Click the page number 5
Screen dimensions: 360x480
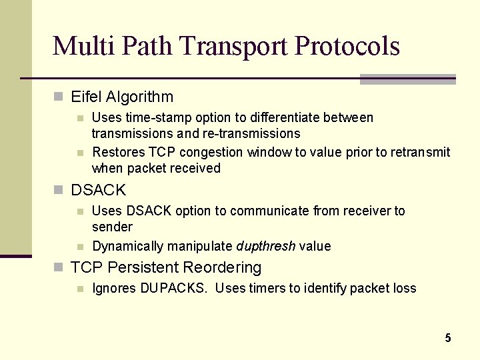pos(448,338)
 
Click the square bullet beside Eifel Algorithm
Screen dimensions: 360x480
pos(58,97)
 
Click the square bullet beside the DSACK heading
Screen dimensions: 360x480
pos(58,190)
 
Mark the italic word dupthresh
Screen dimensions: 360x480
pos(265,246)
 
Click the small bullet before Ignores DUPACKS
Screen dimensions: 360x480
pos(80,289)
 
